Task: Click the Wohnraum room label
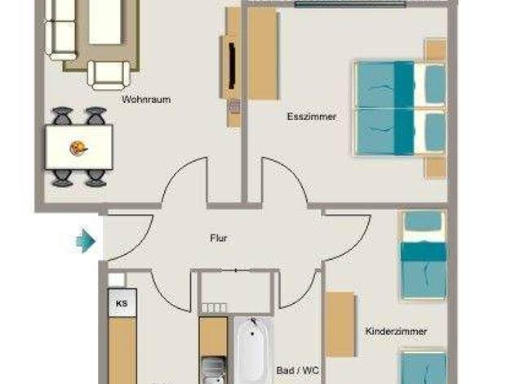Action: coord(146,99)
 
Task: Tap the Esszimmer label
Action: coord(312,117)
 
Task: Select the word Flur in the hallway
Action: coord(219,239)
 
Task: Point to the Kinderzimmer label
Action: coord(396,331)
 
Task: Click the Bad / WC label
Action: coord(298,370)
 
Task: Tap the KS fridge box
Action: coord(122,303)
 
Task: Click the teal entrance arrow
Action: coord(86,241)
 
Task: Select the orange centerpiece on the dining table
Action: coord(78,148)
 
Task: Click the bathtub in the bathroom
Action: coord(254,350)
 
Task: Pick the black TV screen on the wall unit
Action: coord(233,65)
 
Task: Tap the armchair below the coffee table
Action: coord(109,75)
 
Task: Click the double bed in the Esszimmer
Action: coord(400,108)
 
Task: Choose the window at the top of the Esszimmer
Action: coord(350,4)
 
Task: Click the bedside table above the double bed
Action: coord(436,50)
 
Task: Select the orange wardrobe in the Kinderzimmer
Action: coord(340,324)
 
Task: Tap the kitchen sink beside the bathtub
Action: coord(213,370)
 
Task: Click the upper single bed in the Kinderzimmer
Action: coord(424,255)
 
